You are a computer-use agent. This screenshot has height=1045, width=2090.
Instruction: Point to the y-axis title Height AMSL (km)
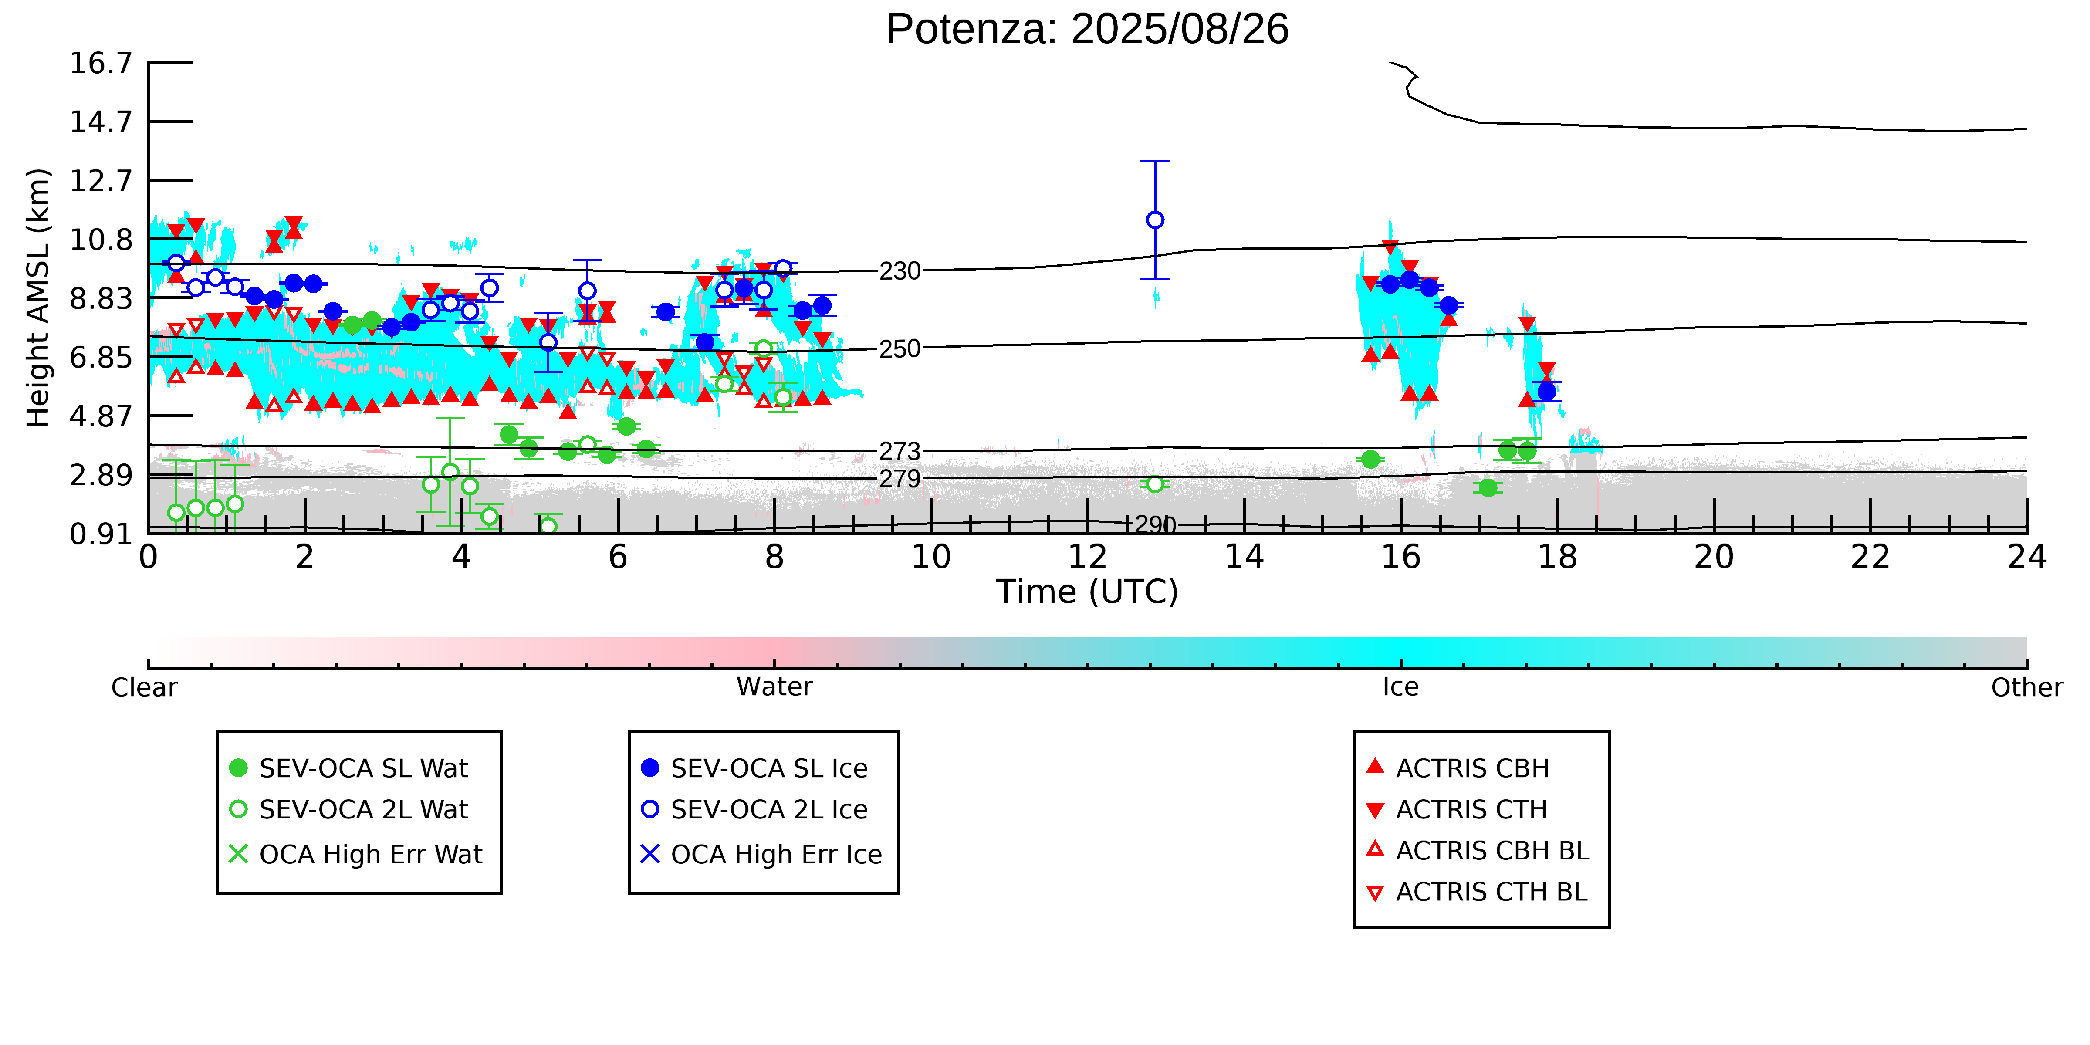click(38, 298)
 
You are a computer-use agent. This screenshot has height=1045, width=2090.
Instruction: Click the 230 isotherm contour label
click(900, 271)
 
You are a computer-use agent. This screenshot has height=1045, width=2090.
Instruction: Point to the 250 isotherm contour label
click(900, 349)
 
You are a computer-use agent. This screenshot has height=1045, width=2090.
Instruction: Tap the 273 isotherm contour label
click(900, 451)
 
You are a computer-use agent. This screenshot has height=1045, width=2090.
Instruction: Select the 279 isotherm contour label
click(900, 479)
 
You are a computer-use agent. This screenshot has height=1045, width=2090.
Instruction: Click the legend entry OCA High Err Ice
click(761, 854)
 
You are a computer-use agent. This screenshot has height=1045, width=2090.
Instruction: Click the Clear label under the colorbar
click(145, 687)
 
